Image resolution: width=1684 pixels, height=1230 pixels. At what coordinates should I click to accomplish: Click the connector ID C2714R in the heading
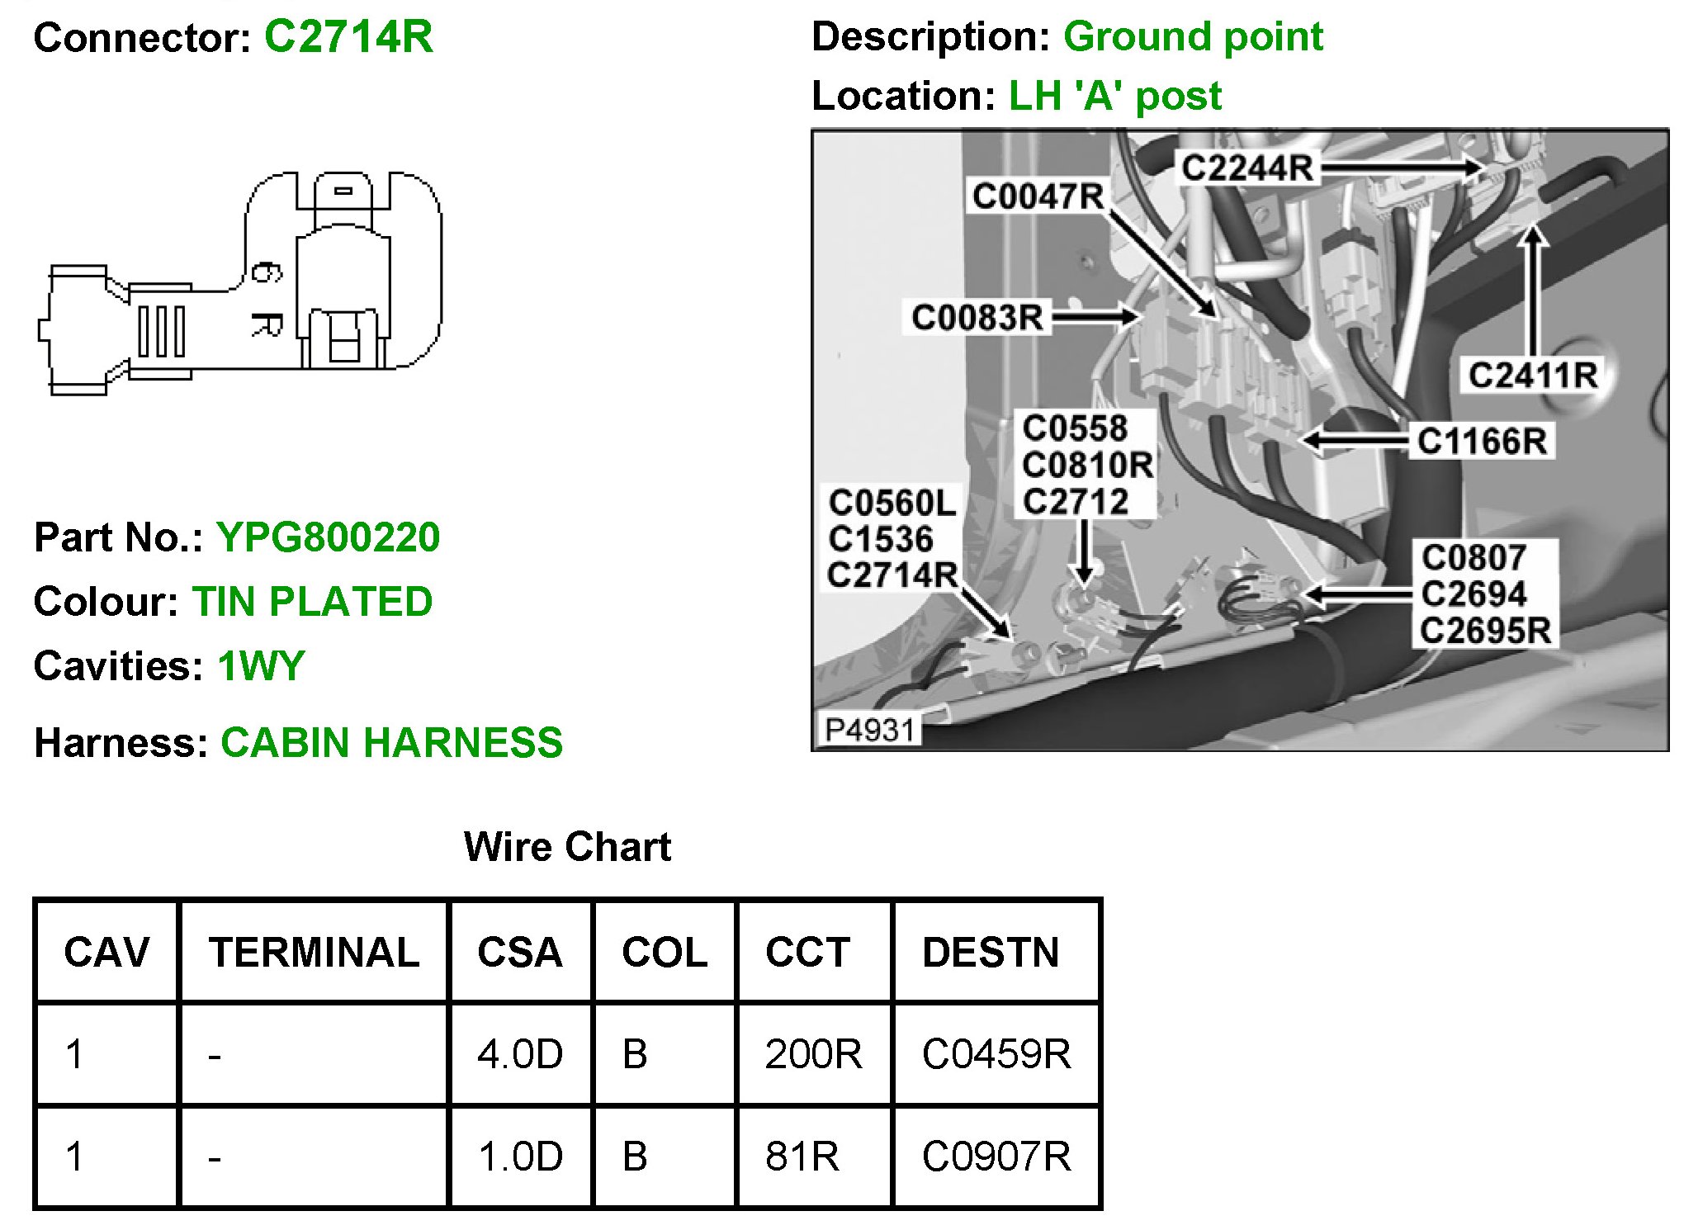(348, 36)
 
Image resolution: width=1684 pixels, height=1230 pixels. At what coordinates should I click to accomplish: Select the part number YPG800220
(328, 537)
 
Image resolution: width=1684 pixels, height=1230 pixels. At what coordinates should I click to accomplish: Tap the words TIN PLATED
(312, 602)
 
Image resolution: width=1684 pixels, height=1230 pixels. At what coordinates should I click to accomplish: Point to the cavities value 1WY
(261, 666)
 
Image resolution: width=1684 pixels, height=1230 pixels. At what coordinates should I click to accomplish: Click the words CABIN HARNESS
(391, 742)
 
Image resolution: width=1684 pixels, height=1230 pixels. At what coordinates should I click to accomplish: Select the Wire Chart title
(567, 847)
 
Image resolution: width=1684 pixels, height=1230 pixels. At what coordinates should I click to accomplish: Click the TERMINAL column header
(314, 952)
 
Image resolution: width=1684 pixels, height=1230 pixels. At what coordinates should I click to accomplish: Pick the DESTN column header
(991, 952)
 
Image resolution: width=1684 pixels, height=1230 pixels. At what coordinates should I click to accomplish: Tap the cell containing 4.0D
(520, 1054)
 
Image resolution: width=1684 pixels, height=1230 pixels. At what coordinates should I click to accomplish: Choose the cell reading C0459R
(996, 1054)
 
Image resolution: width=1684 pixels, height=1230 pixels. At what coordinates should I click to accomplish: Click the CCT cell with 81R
(802, 1156)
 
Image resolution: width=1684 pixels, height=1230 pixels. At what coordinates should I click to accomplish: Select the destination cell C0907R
(996, 1156)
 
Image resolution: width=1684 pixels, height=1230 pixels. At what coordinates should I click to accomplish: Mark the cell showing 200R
(813, 1054)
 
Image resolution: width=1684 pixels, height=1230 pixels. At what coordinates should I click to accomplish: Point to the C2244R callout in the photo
(1246, 168)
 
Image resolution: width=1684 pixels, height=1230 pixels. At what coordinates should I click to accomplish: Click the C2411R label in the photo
(1532, 375)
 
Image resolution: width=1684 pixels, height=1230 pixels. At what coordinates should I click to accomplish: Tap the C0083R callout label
(977, 317)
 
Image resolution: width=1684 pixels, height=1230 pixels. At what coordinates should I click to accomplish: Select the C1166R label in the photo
(1482, 441)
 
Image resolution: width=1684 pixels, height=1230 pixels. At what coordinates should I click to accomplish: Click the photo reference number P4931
(870, 730)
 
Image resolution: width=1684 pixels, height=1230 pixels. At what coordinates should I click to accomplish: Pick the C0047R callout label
(1038, 196)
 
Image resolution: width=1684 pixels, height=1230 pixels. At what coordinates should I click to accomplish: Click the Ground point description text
(1193, 36)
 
